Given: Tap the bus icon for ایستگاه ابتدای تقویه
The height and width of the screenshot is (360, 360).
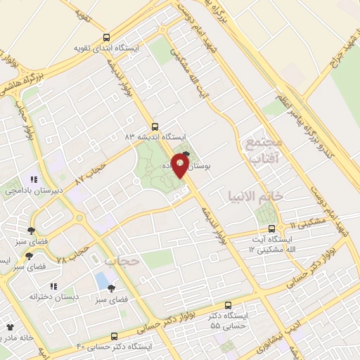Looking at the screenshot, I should pos(106,37).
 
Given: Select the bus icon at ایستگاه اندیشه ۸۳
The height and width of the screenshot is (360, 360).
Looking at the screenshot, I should pos(155,126).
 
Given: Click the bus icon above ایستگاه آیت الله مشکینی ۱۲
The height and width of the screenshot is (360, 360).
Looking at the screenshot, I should pos(273,228).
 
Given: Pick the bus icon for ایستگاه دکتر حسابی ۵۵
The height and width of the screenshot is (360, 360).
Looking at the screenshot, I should pos(228,306).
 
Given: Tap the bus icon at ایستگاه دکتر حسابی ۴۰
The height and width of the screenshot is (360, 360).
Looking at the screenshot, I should pos(115,337).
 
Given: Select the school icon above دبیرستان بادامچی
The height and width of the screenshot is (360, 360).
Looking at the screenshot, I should pos(34,179).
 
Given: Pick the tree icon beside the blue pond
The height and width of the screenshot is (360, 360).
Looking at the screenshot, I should pos(111,288).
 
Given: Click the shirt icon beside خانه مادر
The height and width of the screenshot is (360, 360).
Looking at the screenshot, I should pos(10,327).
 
